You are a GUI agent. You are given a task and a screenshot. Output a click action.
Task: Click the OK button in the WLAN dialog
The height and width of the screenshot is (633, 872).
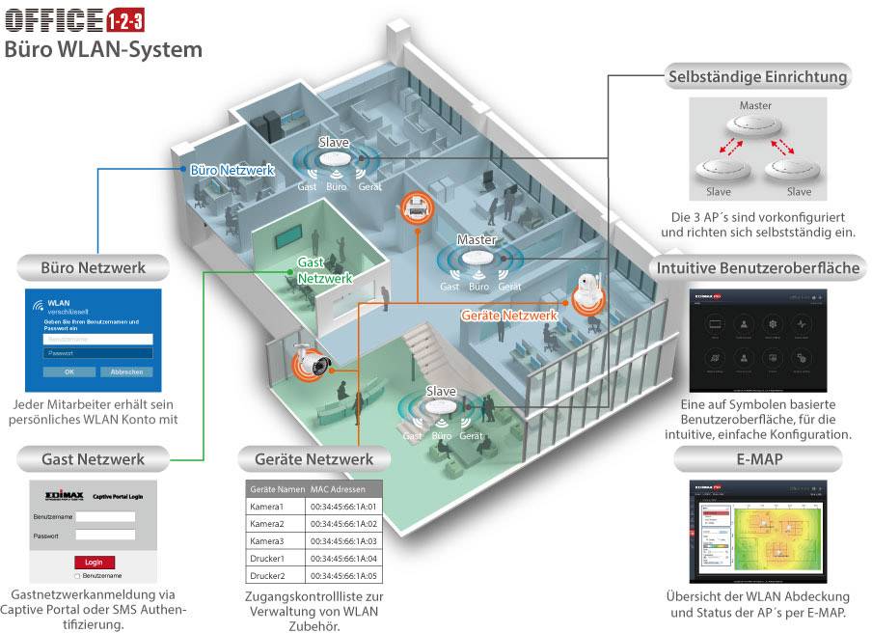68,372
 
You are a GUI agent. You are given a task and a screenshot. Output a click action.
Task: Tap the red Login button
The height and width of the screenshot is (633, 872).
94,563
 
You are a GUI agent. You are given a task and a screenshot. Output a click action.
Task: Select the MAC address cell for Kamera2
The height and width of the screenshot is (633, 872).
344,523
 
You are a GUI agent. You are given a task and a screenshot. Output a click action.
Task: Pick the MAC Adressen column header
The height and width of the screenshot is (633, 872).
344,488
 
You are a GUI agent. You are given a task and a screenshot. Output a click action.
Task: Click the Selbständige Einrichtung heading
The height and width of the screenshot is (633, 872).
756,75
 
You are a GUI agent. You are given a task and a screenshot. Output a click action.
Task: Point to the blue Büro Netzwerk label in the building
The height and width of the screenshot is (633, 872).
232,170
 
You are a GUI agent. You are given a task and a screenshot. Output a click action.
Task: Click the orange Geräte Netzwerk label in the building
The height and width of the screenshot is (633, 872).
509,316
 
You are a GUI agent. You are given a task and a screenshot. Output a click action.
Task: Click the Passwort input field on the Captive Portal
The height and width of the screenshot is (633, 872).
105,535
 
